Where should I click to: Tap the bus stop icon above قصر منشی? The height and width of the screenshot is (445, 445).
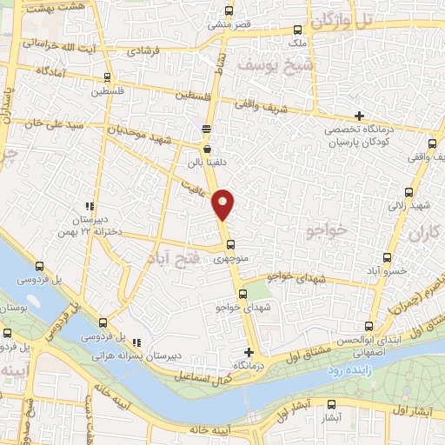pos(229,11)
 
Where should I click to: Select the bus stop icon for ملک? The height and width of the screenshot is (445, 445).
pos(297,30)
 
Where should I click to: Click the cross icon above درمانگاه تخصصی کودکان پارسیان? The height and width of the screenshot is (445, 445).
pos(359,116)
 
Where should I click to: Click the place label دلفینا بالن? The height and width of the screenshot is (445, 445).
pos(206,162)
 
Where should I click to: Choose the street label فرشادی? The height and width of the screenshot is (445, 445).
pos(147,51)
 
